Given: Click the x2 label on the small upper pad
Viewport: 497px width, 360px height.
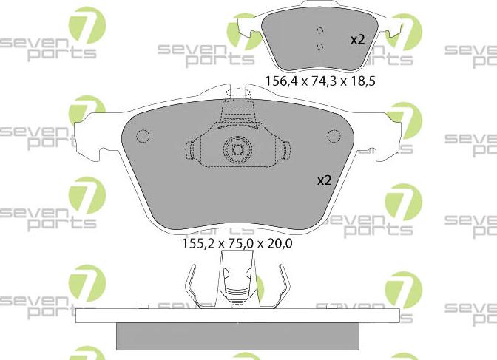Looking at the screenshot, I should [357, 40].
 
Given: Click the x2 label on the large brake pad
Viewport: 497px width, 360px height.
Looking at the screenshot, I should [325, 180].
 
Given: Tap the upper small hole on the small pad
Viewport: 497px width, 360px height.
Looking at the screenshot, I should [319, 31].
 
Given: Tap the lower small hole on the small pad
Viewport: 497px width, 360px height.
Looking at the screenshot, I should [319, 47].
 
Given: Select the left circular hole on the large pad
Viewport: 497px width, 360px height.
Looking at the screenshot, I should [143, 137].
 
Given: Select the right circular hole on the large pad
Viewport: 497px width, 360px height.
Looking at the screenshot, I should [334, 136].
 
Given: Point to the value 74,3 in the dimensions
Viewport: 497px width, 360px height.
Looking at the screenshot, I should [319, 81].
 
